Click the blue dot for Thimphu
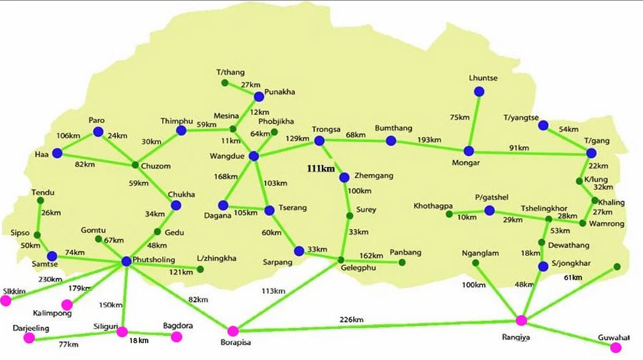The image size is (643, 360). click(181, 131)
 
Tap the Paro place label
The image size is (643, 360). click(97, 120)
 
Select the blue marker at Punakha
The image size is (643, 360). click(259, 97)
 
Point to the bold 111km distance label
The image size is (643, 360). click(321, 168)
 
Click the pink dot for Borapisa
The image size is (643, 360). click(233, 331)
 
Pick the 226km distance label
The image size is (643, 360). click(351, 319)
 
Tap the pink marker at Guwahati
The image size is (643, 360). click(616, 348)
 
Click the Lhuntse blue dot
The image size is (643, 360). click(479, 91)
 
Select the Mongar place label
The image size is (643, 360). click(466, 163)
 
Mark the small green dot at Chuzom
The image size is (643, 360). click(135, 165)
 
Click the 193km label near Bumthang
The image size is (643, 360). click(429, 139)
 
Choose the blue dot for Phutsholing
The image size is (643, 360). click(127, 261)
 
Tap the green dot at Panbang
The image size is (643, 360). click(402, 262)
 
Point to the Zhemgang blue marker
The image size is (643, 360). click(344, 177)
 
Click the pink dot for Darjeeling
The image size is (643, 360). click(29, 338)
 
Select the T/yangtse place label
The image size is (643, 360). click(521, 118)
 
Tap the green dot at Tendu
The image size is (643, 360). click(40, 201)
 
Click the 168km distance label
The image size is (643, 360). click(225, 177)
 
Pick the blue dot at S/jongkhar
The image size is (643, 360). click(543, 267)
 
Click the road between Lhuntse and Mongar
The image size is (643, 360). click(474, 121)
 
